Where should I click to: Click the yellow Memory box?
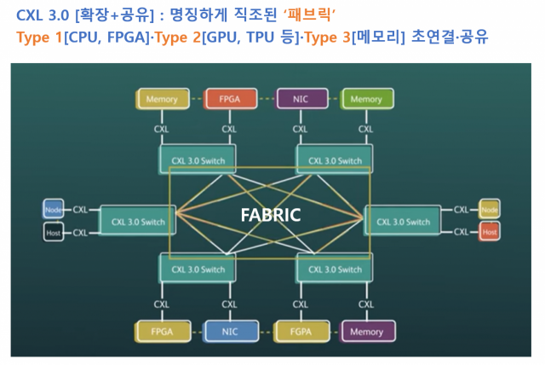[x=163, y=99]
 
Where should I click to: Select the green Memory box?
[x=365, y=99]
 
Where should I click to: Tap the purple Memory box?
[x=365, y=332]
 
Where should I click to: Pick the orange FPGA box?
[x=229, y=99]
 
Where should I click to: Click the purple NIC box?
[x=301, y=99]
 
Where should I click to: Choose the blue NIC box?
[x=229, y=332]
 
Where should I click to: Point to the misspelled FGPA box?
[x=301, y=332]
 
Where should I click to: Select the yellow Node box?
[x=489, y=209]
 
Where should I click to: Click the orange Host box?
[x=489, y=232]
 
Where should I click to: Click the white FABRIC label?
[x=269, y=215]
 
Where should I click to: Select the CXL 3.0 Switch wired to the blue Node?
[x=138, y=221]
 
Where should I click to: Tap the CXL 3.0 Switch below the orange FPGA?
[x=196, y=159]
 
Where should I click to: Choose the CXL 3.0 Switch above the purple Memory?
[x=333, y=269]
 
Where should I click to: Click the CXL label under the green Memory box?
[x=365, y=130]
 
